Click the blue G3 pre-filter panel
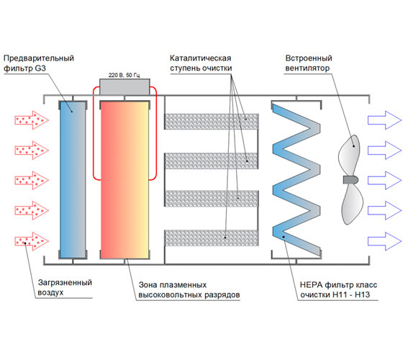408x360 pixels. tap(73, 179)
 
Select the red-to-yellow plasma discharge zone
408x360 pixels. tap(124, 180)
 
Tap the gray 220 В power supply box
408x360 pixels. tap(124, 87)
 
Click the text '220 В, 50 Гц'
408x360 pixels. tap(124, 75)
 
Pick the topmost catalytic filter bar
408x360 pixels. tap(212, 122)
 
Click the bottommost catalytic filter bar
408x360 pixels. tap(212, 238)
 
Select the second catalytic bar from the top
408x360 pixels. tap(212, 161)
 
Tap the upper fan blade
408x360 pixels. tap(350, 156)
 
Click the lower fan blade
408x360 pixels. tap(352, 204)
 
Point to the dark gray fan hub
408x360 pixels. tap(350, 180)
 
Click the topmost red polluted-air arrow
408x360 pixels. tap(32, 120)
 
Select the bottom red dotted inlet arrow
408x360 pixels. tap(32, 241)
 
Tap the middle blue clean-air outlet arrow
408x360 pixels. tap(384, 180)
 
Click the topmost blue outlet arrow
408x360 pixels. tap(384, 120)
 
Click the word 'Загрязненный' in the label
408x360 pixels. tap(65, 283)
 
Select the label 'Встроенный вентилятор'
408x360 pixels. tap(309, 63)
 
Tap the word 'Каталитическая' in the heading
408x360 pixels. tap(200, 58)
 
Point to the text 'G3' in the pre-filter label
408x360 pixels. tap(40, 68)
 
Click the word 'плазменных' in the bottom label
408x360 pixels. tap(183, 285)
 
